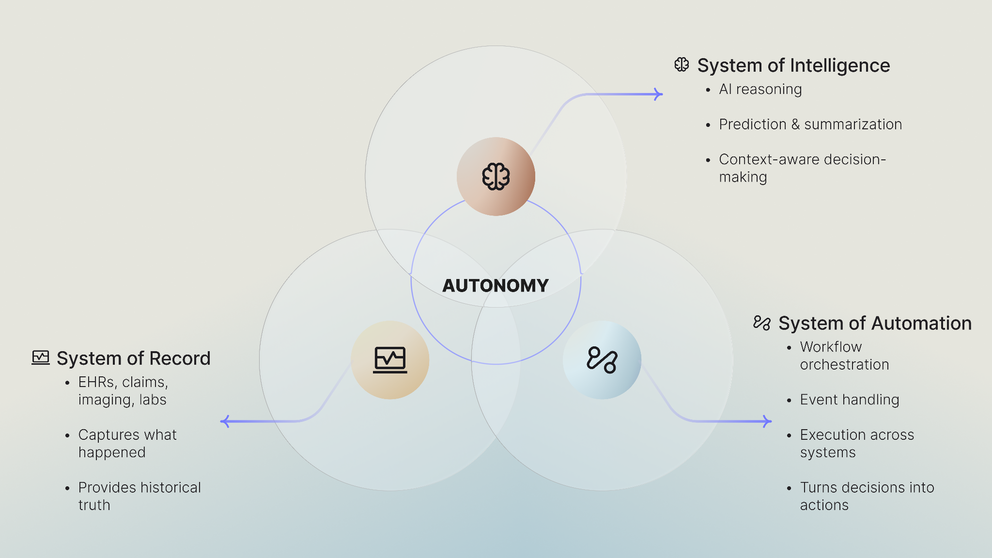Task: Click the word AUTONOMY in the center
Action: (496, 286)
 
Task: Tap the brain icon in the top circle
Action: (496, 176)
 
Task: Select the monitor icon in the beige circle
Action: (390, 360)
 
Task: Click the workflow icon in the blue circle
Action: (602, 360)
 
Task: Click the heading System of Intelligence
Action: (793, 65)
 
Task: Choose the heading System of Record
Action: (133, 358)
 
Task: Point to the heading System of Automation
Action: (875, 323)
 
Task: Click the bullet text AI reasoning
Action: (760, 89)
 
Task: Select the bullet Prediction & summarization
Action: (810, 124)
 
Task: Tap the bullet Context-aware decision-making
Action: (802, 168)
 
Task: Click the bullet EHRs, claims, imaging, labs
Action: (123, 391)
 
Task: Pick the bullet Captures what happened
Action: (127, 443)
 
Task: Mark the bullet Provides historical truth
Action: (139, 496)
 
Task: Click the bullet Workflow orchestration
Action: (844, 356)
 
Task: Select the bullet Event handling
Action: (849, 400)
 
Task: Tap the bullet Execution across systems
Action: (857, 443)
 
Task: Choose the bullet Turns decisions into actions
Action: (867, 496)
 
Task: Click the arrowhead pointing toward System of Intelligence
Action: (659, 94)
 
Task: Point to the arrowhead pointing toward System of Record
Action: (225, 421)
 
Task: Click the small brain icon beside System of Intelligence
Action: (682, 65)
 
